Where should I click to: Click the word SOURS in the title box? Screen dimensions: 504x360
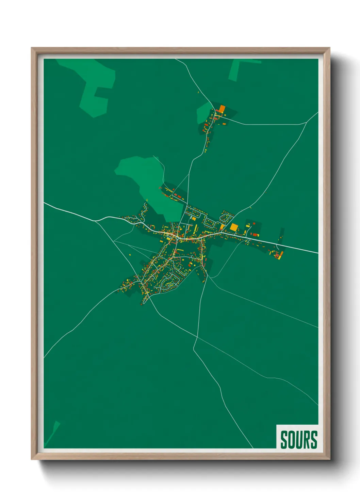pos(299,440)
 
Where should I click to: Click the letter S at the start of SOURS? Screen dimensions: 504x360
pos(284,440)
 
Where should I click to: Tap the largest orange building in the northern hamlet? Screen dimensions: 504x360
pos(222,109)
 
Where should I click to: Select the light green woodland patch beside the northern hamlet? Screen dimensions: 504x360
pos(203,112)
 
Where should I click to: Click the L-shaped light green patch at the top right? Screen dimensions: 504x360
pos(238,68)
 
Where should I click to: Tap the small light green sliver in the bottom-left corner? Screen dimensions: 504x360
pos(53,432)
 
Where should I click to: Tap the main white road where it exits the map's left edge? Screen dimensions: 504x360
pos(45,203)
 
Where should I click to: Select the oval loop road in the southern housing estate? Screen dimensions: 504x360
pos(168,283)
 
